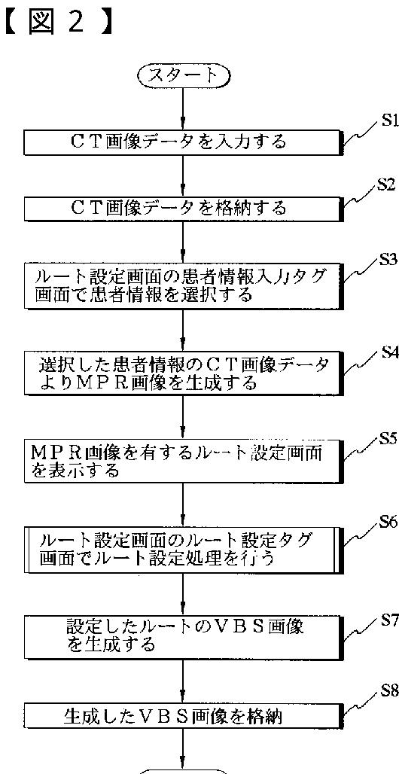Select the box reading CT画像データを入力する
coord(184,142)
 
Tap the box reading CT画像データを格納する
coord(184,208)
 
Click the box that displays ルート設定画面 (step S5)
coord(184,460)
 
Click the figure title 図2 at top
coord(58,23)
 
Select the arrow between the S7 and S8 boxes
coord(184,681)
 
